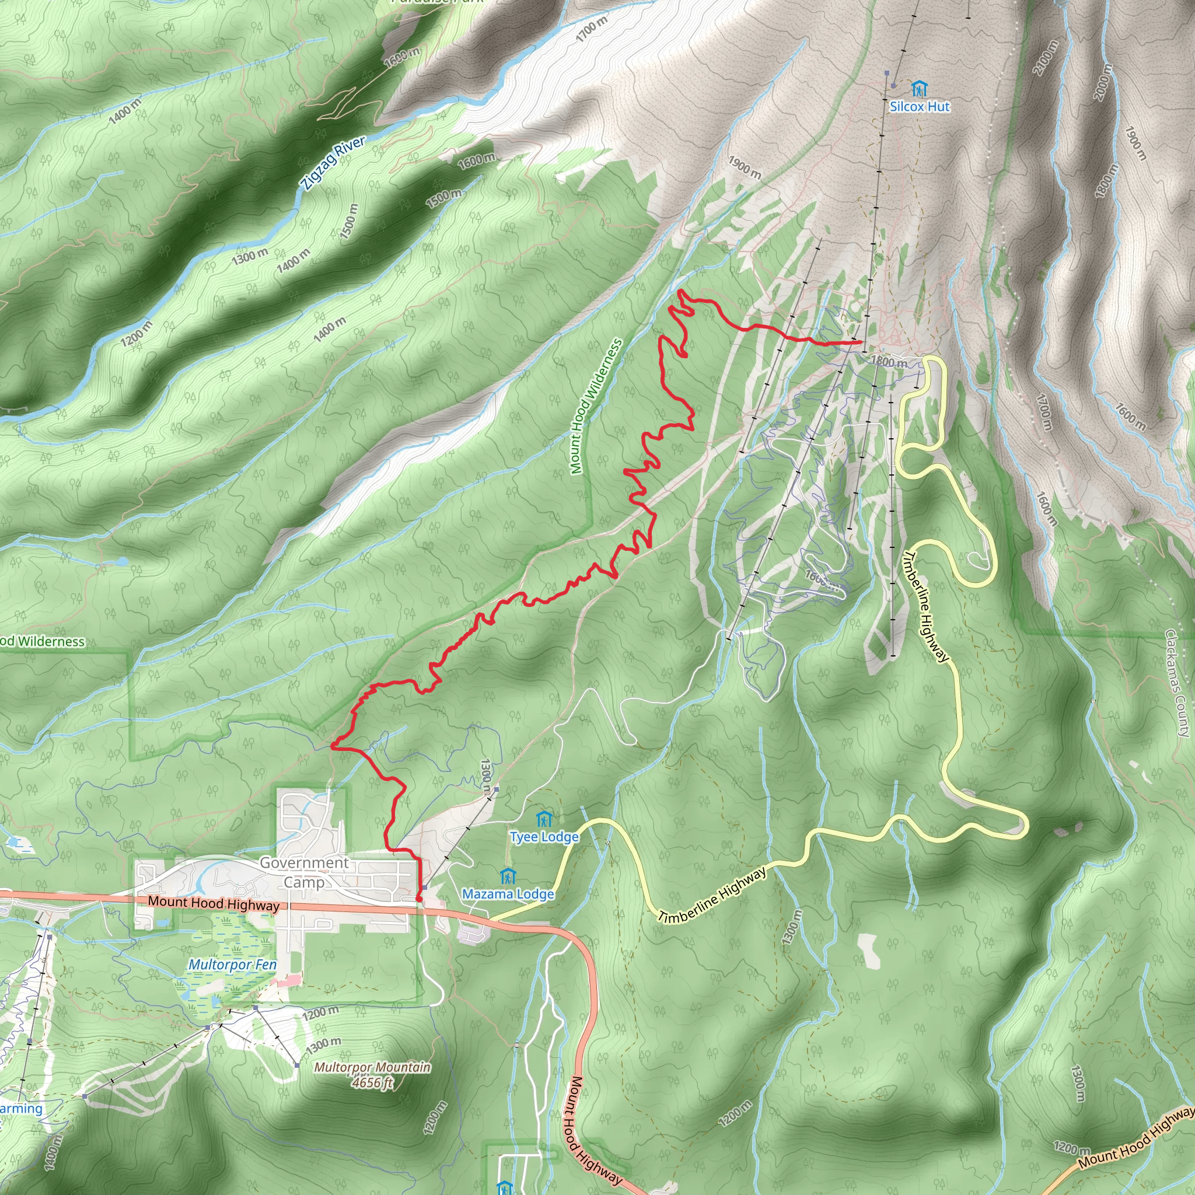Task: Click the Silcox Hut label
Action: click(x=919, y=106)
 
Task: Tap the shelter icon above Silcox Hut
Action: click(x=919, y=89)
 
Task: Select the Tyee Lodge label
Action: click(x=544, y=837)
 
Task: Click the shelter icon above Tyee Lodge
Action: click(x=544, y=820)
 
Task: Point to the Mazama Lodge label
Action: click(x=508, y=894)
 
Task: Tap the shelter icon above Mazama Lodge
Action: click(x=508, y=876)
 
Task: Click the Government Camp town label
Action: click(x=303, y=872)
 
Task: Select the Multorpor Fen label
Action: click(x=232, y=965)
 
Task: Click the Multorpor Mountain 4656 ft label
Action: click(x=372, y=1074)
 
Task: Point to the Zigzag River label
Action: click(x=334, y=163)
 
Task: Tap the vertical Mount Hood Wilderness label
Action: click(x=595, y=406)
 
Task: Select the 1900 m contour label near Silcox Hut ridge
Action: click(x=744, y=167)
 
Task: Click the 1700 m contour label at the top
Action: click(x=591, y=29)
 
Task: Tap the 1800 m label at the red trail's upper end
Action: click(x=889, y=361)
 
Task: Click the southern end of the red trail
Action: click(x=420, y=898)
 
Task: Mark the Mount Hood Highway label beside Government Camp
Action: click(x=214, y=904)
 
